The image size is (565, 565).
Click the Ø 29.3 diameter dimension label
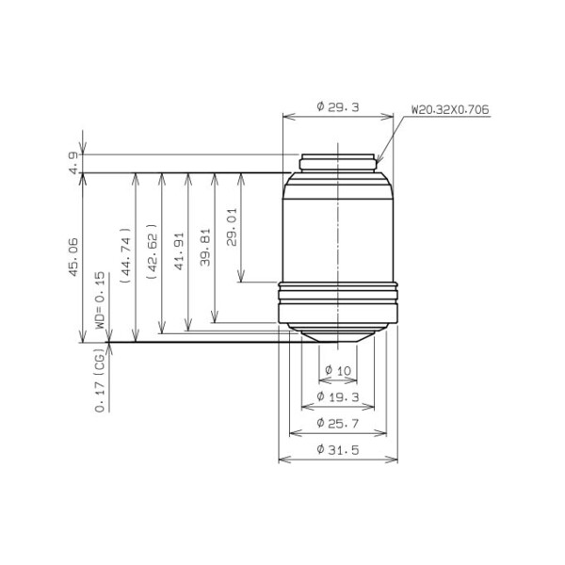pyautogui.click(x=338, y=108)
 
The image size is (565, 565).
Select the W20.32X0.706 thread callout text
pyautogui.click(x=449, y=109)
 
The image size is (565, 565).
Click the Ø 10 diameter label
pyautogui.click(x=337, y=371)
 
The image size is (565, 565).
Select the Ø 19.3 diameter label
pyautogui.click(x=337, y=397)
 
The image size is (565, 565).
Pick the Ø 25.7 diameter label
pyautogui.click(x=337, y=423)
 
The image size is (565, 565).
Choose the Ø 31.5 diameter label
pyautogui.click(x=337, y=448)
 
